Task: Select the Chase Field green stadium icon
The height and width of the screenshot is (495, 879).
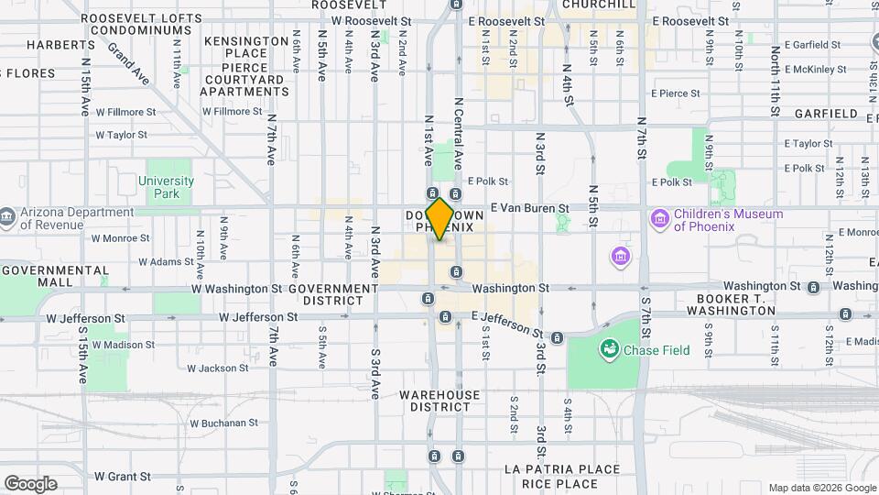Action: point(607,349)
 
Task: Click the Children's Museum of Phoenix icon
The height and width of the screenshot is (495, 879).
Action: point(659,220)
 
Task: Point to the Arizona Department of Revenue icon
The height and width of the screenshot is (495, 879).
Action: point(8,217)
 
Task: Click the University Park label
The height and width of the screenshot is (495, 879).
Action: point(166,187)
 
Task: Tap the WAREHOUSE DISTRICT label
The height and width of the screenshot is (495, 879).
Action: point(439,401)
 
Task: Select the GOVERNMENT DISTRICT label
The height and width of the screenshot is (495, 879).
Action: point(332,294)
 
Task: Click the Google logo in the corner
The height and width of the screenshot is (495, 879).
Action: point(30,484)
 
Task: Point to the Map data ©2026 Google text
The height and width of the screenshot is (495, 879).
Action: point(821,488)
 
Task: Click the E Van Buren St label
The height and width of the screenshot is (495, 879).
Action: point(530,208)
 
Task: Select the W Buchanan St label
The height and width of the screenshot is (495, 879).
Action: point(223,423)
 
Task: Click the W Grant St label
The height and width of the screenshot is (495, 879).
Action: point(122,477)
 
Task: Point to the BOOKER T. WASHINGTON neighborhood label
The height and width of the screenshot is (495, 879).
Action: point(735,304)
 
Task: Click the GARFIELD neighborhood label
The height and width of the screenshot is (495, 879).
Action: point(824,115)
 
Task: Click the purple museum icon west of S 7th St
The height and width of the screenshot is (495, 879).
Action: point(622,254)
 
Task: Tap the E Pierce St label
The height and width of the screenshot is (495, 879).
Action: point(675,93)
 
